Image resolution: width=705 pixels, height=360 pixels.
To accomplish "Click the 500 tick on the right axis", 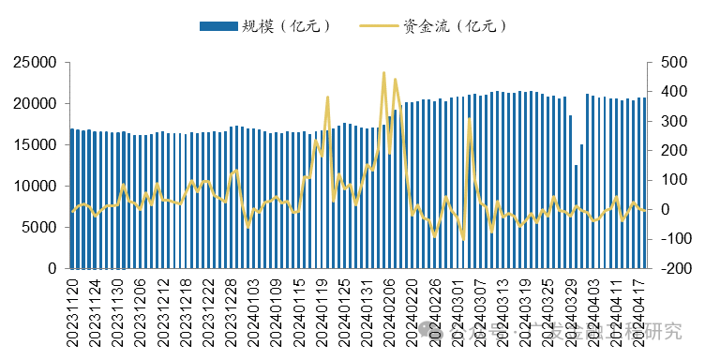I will pos(667,63).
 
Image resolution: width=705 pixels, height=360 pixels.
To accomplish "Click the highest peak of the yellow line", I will pos(383,72).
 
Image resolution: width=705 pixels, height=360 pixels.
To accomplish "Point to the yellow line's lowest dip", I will pos(462,240).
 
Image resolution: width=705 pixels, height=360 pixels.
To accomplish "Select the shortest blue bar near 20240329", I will pos(576,217).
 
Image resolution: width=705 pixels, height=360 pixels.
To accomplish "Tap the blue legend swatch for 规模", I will pos(219,25).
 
